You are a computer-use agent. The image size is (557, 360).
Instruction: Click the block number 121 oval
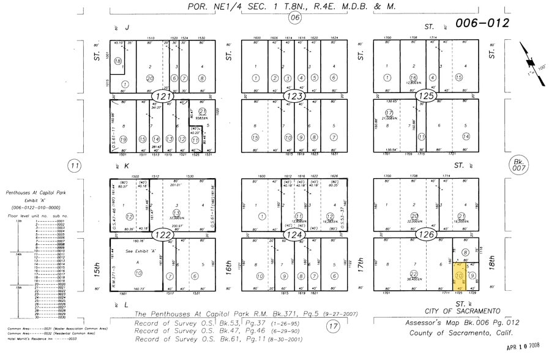[162, 97]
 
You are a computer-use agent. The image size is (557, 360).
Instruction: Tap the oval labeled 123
[294, 97]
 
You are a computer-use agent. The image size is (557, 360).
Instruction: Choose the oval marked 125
[425, 97]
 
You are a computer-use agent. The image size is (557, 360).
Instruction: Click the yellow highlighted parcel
[458, 276]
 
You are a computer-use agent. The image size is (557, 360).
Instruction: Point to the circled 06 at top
[295, 18]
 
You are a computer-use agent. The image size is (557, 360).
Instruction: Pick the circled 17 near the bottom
[334, 326]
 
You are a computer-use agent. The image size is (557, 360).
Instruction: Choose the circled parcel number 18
[117, 61]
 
